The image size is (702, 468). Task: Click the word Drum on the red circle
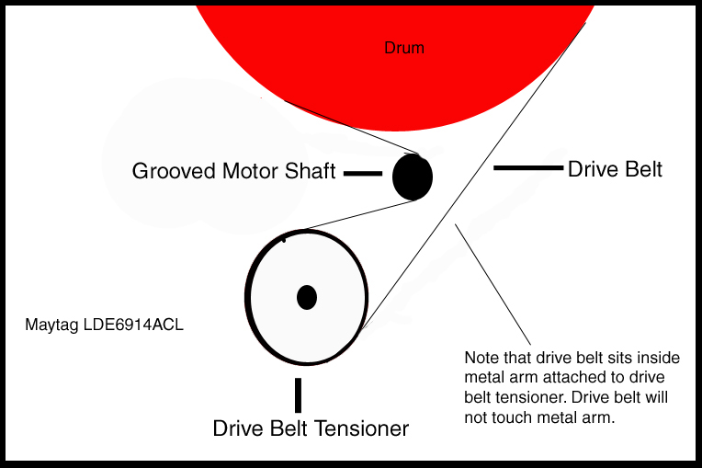pos(404,48)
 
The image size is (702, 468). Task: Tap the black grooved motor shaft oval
pos(413,177)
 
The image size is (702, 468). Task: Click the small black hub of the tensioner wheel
pos(307,297)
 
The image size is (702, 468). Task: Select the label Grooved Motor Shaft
pos(233,171)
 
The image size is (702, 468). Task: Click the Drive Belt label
pos(615,169)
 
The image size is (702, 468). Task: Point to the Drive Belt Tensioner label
pos(311,428)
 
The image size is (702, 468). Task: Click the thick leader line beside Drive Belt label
pos(527,167)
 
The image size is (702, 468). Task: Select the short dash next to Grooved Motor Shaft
pos(362,172)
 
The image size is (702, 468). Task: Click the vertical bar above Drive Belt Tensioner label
pos(298,394)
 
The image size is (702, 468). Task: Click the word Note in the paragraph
pos(481,357)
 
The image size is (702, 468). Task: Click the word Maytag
pos(50,325)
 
